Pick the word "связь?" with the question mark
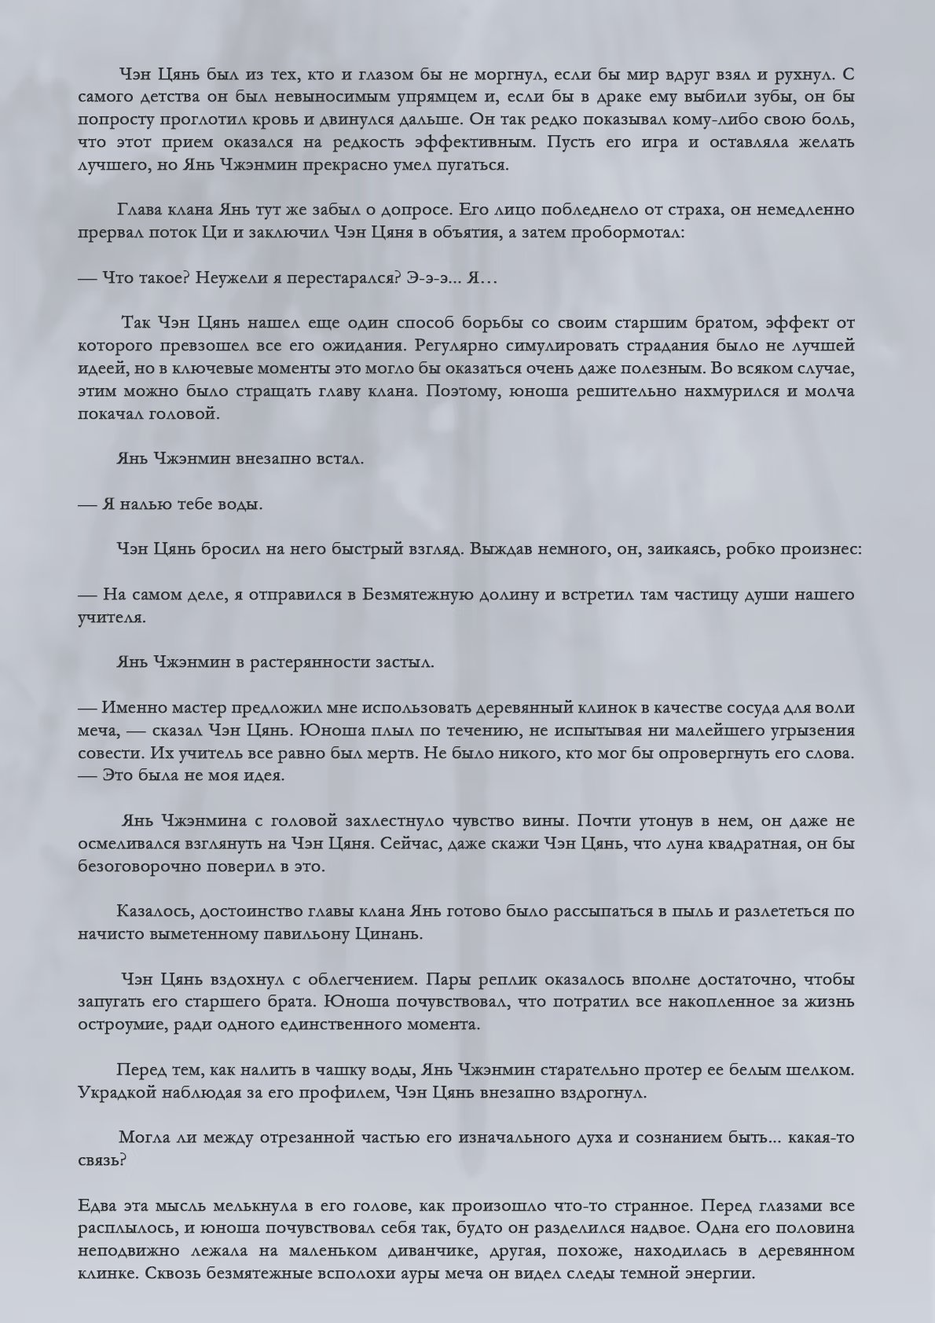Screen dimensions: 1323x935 102,1160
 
